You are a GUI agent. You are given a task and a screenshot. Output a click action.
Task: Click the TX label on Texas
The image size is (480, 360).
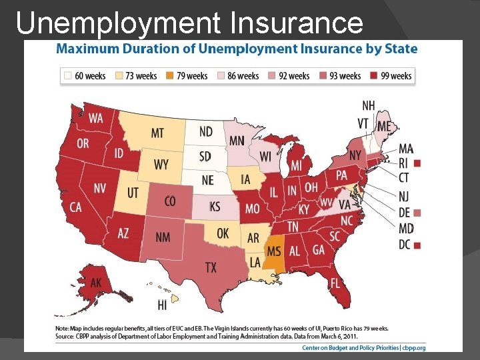coord(211,267)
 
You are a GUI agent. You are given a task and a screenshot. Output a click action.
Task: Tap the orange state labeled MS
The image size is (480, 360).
coord(273,252)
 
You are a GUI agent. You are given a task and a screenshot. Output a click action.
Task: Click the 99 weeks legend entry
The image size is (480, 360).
coord(391,76)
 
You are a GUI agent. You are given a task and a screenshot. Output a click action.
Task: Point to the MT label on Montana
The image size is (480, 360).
coord(157,133)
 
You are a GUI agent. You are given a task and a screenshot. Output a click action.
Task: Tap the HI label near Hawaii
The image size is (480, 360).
coord(162,305)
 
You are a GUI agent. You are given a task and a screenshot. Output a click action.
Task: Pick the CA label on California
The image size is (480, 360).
coord(75,207)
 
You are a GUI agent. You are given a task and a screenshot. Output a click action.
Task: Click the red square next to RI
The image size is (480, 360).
coord(417,163)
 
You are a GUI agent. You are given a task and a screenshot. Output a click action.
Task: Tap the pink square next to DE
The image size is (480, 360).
coord(417,213)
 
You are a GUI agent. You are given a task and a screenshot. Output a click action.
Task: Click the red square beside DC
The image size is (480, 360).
coord(417,245)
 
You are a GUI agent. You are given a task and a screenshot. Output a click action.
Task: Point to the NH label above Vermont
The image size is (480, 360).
coord(368,106)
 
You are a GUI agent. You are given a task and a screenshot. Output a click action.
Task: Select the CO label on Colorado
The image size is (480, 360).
coord(169,201)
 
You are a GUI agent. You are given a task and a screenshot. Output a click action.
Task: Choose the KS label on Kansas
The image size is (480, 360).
coord(214,207)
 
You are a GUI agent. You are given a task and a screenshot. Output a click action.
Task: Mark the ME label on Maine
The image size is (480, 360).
coord(385,127)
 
